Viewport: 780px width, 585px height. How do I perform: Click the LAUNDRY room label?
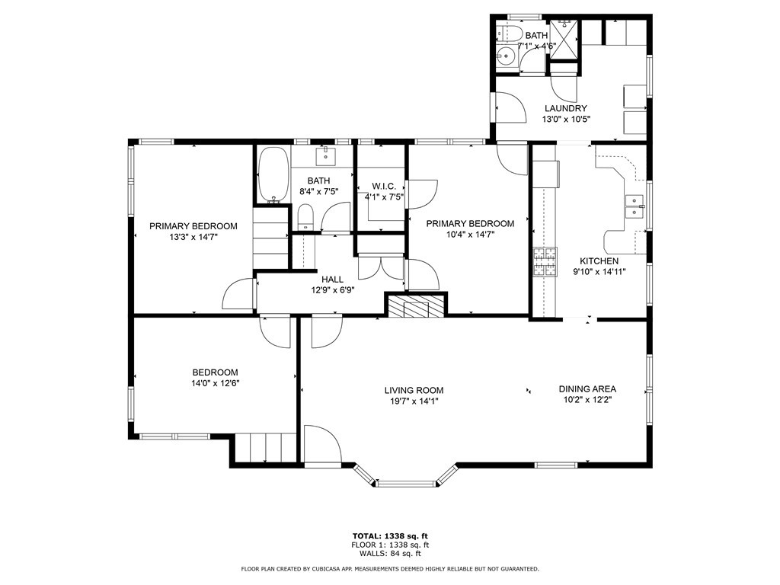click(x=566, y=108)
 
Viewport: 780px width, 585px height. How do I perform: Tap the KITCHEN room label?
click(x=599, y=261)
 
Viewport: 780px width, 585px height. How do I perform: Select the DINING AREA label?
click(x=587, y=389)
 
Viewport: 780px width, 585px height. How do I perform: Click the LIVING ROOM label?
click(x=414, y=391)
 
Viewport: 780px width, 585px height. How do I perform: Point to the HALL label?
click(x=332, y=280)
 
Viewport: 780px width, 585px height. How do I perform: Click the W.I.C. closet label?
click(x=384, y=187)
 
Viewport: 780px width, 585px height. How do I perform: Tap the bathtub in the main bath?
click(x=273, y=175)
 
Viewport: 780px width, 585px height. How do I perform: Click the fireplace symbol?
click(x=416, y=306)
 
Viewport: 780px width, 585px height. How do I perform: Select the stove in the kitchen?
click(x=545, y=262)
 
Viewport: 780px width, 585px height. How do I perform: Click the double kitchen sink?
click(x=635, y=206)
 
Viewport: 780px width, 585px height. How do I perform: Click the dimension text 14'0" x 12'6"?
click(x=216, y=384)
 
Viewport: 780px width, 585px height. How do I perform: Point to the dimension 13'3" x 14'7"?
click(x=193, y=238)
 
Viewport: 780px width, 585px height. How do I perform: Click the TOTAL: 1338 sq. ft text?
click(x=390, y=535)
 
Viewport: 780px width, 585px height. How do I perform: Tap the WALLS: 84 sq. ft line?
click(x=390, y=553)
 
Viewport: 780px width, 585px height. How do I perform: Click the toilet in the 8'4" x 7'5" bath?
click(x=305, y=219)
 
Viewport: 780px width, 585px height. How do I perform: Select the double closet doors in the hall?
click(x=381, y=268)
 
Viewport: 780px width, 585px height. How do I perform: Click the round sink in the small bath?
click(x=506, y=56)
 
